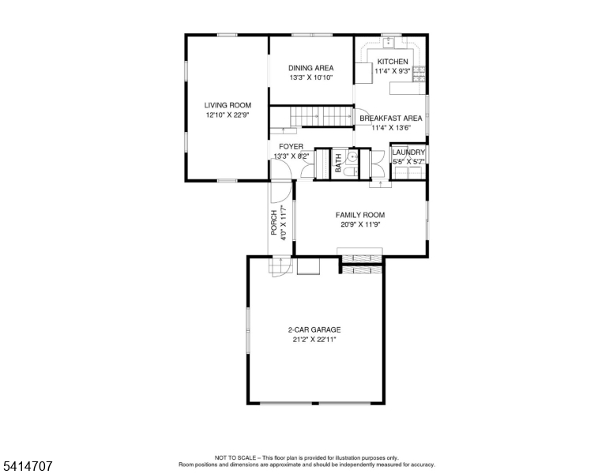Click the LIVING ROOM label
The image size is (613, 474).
[x=228, y=105]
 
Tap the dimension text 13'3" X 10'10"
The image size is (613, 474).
[x=310, y=78]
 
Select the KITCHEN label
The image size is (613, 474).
[x=393, y=62]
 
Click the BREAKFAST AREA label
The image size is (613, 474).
[x=391, y=118]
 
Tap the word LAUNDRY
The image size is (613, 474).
[x=409, y=152]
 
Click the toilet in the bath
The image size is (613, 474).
[x=355, y=171]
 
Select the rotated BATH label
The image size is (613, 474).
[x=339, y=164]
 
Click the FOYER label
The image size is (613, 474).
[x=291, y=147]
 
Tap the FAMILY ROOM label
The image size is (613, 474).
[x=360, y=215]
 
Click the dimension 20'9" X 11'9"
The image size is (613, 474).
[x=360, y=224]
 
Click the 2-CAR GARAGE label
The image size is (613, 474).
[x=314, y=329]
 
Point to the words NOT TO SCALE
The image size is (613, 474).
[x=234, y=457]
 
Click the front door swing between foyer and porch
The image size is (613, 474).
[x=280, y=191]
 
